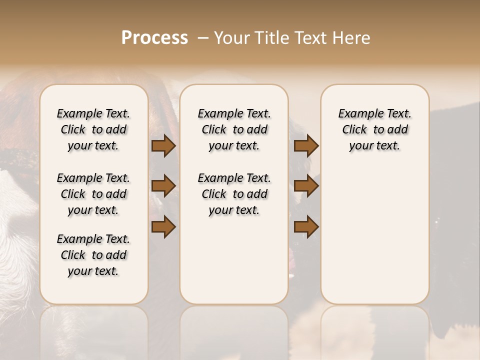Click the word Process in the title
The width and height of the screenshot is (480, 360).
coord(154,38)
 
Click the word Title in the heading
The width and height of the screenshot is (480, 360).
coord(271,38)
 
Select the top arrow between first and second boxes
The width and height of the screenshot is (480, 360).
coord(163,146)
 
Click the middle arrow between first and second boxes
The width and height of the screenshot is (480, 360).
coord(163,186)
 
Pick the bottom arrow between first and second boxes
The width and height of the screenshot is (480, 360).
coord(163,227)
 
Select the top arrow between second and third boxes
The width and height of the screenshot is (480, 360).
coord(306,146)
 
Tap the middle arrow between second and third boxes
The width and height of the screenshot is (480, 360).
coord(306,186)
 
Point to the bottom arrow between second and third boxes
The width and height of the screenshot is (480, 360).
coord(306,227)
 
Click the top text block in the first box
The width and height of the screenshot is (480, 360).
coord(93,129)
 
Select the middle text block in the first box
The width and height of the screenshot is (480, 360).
coord(93,194)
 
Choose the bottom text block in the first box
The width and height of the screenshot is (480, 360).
coord(93,255)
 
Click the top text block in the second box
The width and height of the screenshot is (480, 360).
coord(234,129)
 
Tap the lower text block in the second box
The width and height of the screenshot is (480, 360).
coord(234,194)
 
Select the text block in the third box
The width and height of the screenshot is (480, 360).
coord(375,129)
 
